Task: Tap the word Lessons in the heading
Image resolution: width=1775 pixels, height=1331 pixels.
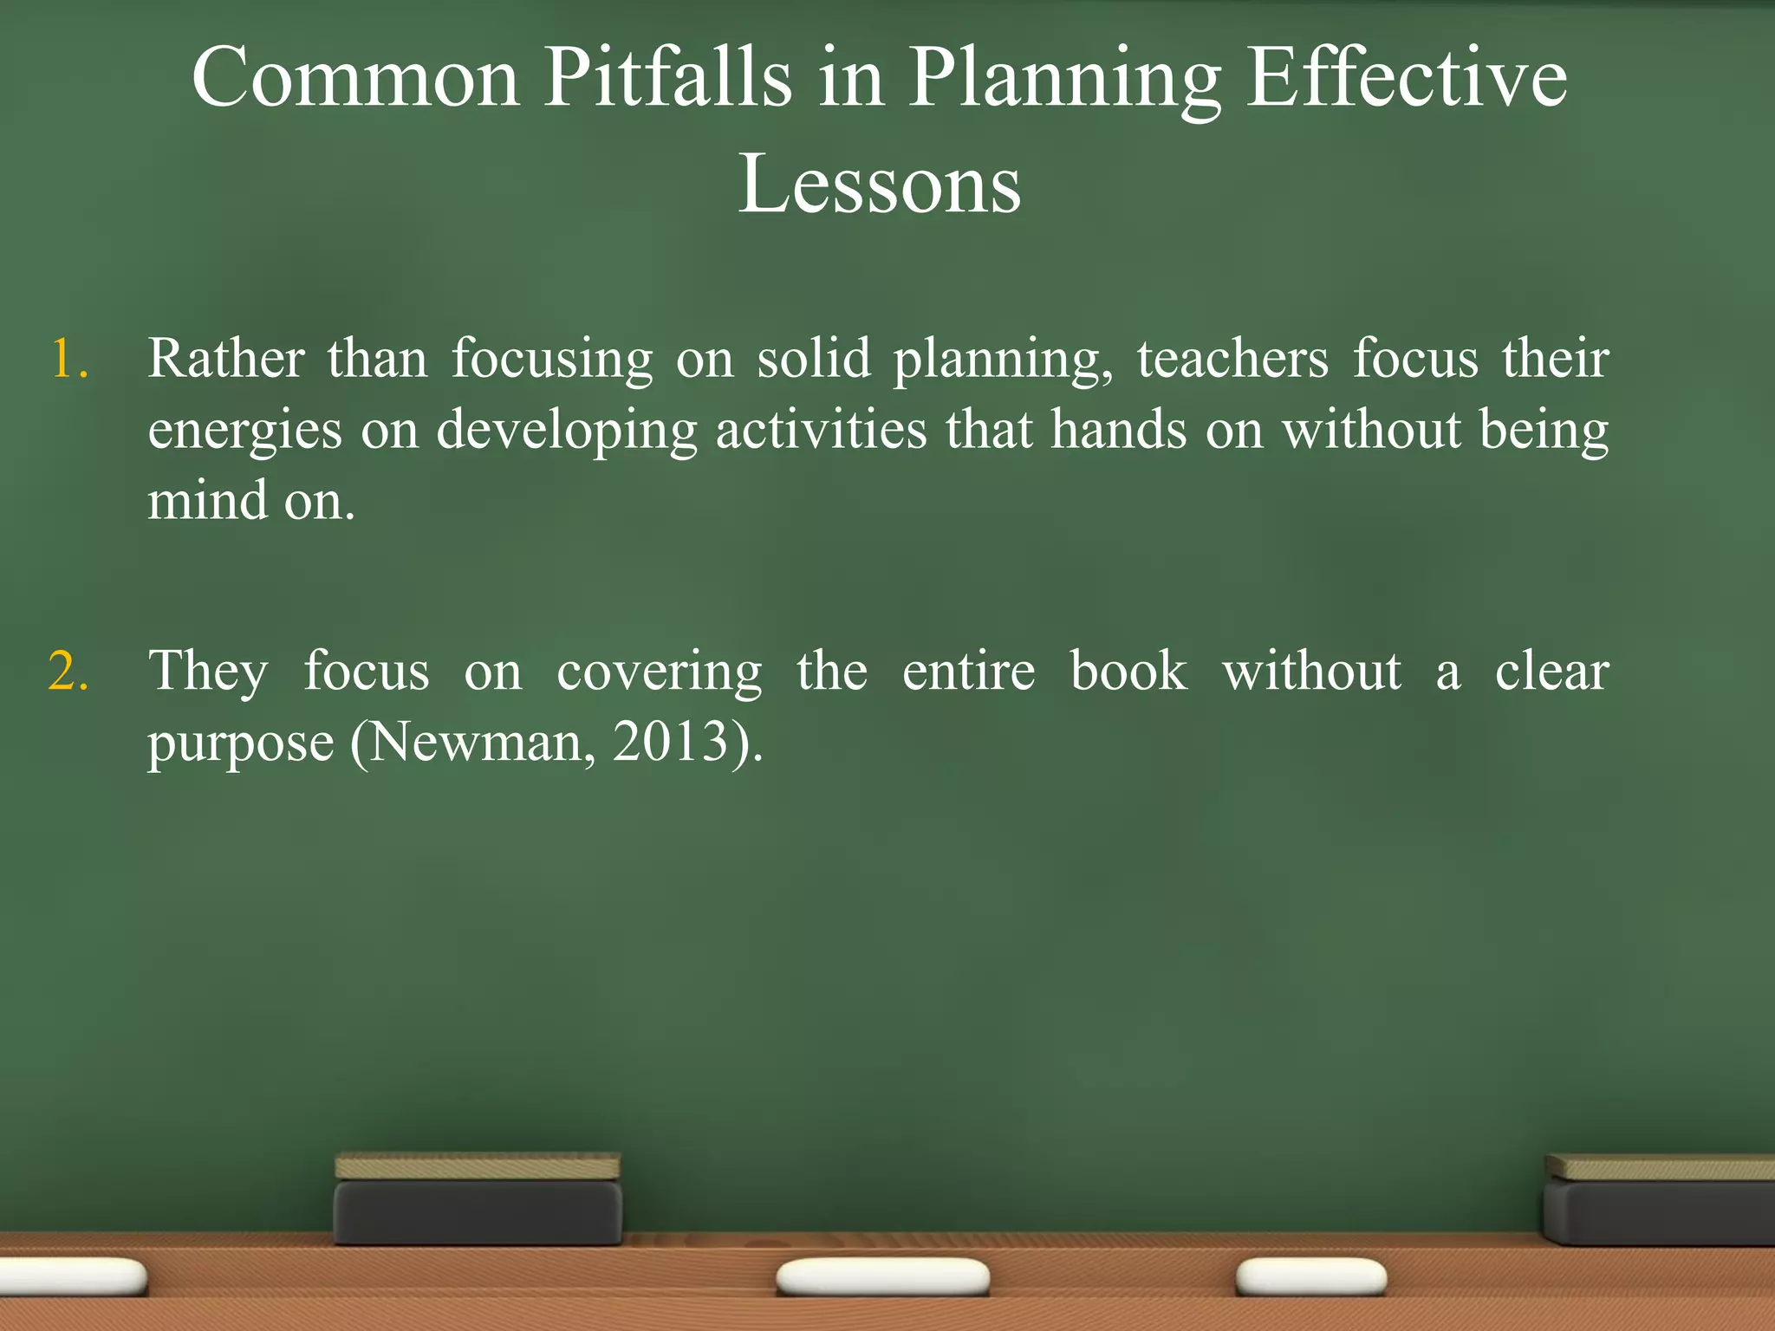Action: click(880, 185)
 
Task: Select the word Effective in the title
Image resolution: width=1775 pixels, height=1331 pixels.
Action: click(1406, 78)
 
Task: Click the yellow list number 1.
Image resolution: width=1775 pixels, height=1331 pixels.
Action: click(68, 359)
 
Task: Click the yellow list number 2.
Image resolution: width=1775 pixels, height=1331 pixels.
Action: click(68, 672)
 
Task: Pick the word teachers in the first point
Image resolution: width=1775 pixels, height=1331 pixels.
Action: click(1232, 359)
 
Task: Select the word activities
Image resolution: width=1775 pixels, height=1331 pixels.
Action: click(821, 430)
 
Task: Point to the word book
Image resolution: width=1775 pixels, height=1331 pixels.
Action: click(1128, 672)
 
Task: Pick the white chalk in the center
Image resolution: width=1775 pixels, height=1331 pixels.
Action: click(882, 1277)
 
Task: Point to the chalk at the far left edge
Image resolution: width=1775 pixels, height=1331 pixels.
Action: click(69, 1276)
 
